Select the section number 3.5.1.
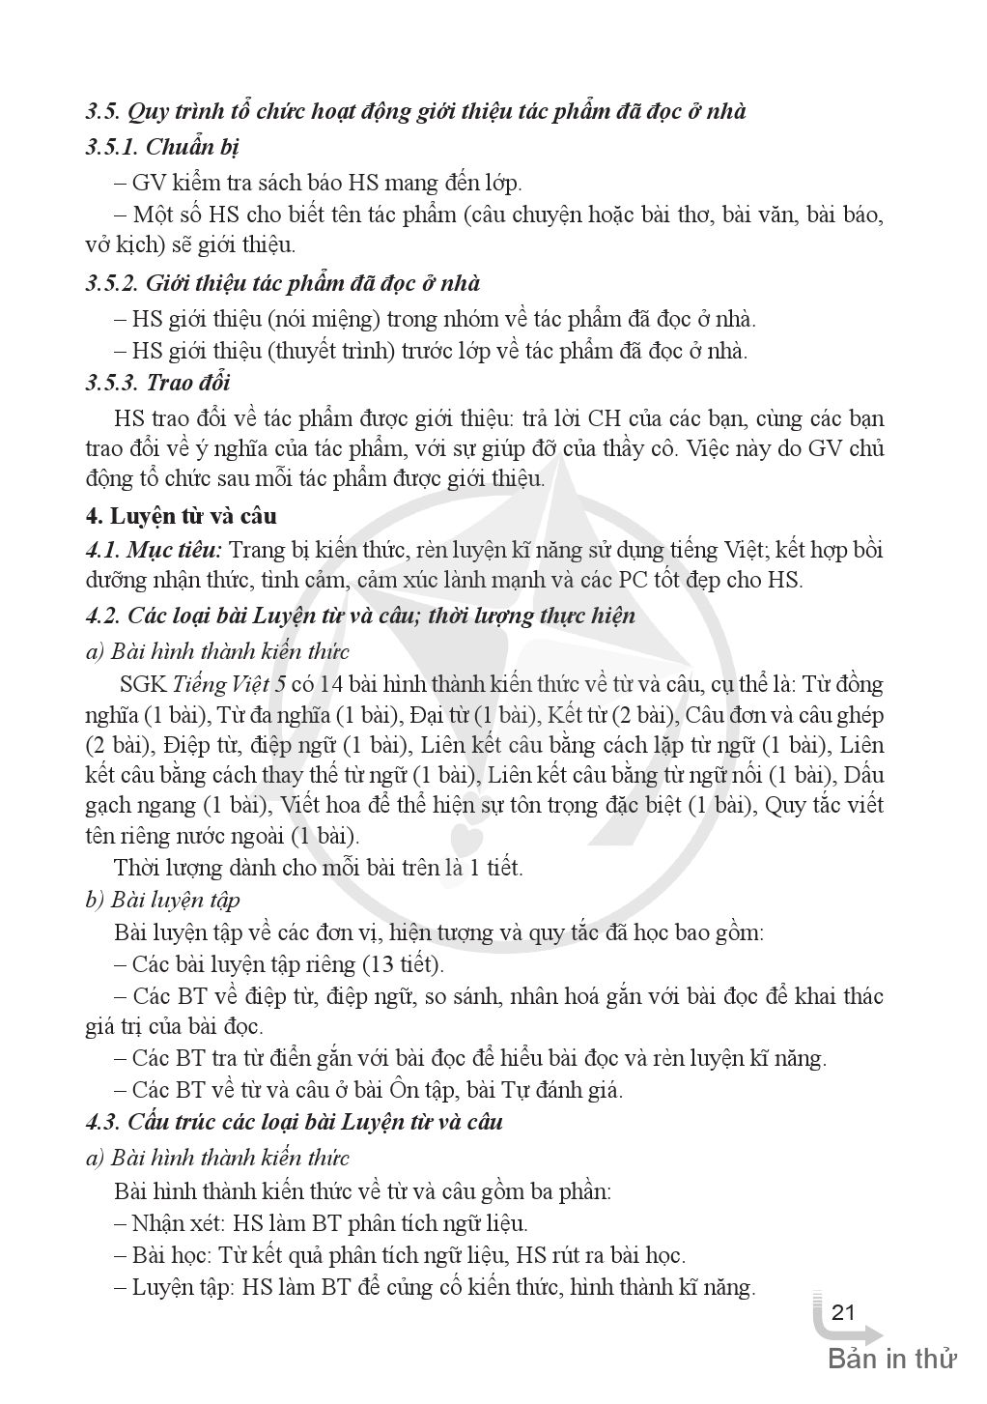coord(112,147)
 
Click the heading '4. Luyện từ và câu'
coord(182,516)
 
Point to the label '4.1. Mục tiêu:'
coord(154,550)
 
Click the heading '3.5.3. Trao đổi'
coord(158,382)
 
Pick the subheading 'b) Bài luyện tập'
coord(162,900)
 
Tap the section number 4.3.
coord(102,1122)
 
